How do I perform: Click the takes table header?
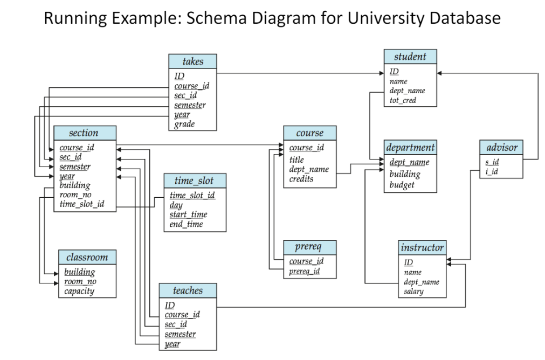pos(192,61)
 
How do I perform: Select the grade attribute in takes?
pos(184,124)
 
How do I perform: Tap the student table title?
pos(410,57)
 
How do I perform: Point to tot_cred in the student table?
pos(403,100)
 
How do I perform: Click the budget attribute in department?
pos(402,185)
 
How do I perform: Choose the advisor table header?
pos(501,147)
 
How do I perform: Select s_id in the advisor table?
pos(492,162)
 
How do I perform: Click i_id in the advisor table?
pos(492,171)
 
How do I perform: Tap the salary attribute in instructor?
pos(413,292)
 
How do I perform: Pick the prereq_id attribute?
pos(305,271)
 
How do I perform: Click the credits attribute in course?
pos(301,179)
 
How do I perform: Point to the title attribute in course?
pos(296,160)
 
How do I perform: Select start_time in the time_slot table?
pos(188,214)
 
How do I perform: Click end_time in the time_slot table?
pos(186,224)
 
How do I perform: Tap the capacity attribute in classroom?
pos(79,292)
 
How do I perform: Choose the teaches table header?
pos(188,290)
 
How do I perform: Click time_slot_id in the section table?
pos(82,204)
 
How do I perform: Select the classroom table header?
pos(87,257)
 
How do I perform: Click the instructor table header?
pos(422,248)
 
